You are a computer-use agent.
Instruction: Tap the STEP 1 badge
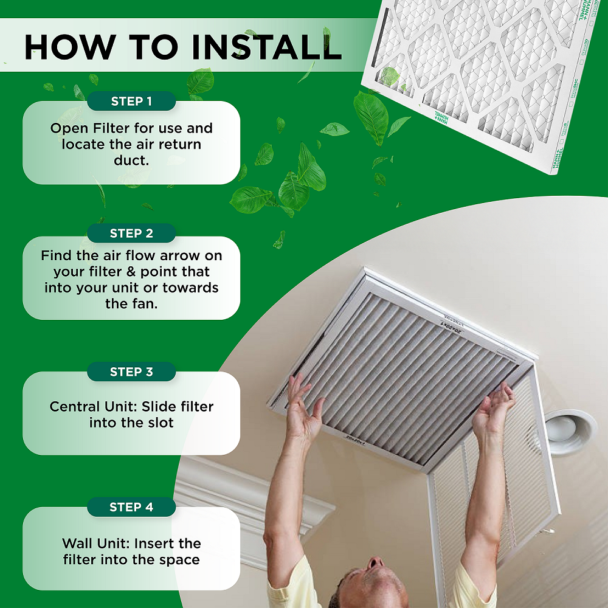tap(131, 102)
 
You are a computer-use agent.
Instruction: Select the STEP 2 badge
tap(131, 233)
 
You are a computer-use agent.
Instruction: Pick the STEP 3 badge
tap(131, 372)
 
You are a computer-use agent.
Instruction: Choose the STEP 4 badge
tap(131, 507)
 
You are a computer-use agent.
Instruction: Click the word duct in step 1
tap(131, 161)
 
